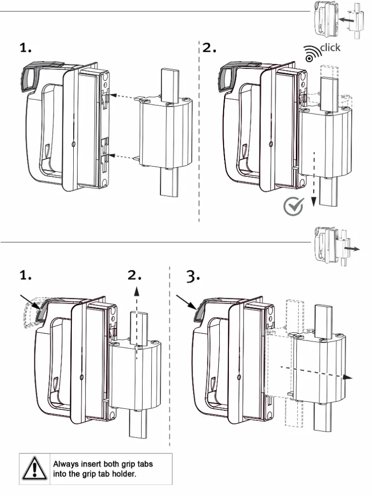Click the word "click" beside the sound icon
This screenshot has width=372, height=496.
point(330,48)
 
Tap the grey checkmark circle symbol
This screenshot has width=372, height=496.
point(293,206)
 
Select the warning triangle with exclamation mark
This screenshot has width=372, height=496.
point(34,468)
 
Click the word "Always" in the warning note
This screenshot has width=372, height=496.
point(66,464)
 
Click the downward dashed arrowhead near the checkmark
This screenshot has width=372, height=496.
point(314,201)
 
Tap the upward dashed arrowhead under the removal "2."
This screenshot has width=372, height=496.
point(137,291)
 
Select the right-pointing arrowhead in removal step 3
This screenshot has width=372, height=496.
point(348,377)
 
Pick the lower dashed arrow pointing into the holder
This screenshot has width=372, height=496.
point(124,156)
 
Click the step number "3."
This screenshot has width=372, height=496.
point(193,277)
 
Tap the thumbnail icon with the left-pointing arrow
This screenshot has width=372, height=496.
point(338,19)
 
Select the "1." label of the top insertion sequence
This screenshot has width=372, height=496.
point(26,48)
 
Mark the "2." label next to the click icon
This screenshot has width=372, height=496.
point(209,48)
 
